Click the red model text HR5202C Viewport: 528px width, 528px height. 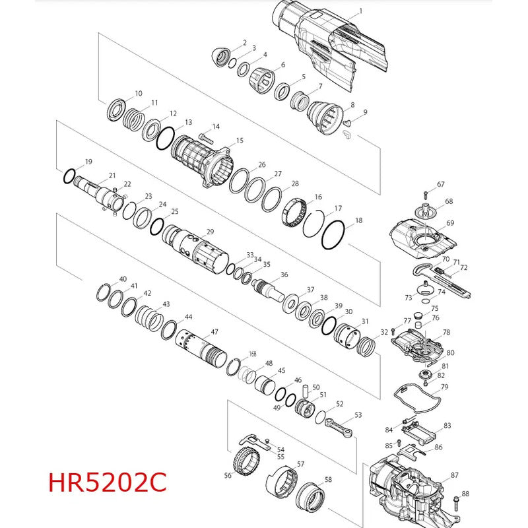pos(108,482)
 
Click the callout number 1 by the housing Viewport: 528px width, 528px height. pos(360,11)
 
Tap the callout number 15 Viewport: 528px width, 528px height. pos(240,140)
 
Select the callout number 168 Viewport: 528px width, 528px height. pos(253,354)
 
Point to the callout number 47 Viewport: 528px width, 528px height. pos(214,332)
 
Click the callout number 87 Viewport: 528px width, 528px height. pos(455,475)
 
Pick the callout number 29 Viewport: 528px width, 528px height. pos(210,232)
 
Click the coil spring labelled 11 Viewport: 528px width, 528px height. pos(134,121)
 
